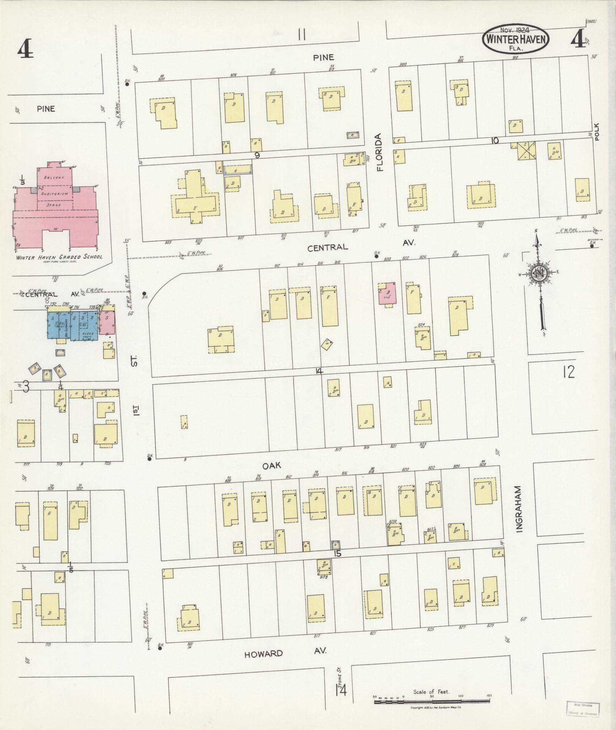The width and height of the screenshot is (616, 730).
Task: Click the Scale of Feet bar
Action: click(432, 701)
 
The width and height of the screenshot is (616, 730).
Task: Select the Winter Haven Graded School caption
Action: click(59, 257)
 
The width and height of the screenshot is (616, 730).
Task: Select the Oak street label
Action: click(272, 465)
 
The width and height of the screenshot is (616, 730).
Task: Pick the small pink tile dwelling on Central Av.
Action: click(387, 294)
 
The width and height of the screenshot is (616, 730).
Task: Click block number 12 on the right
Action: click(568, 371)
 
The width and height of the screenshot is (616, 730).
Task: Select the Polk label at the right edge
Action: click(597, 132)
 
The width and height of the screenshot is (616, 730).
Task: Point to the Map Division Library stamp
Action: click(583, 709)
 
